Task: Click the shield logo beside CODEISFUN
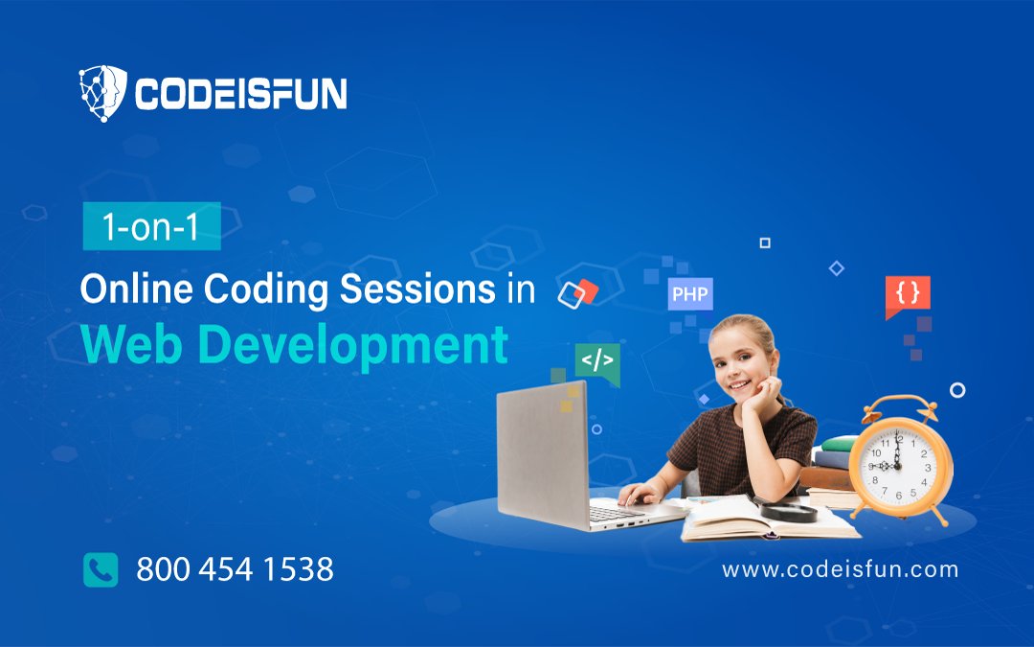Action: [102, 93]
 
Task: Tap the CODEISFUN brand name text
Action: [240, 94]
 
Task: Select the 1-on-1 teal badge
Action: [151, 226]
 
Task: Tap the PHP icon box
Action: [689, 294]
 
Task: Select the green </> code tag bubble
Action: [597, 362]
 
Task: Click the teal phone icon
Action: [101, 569]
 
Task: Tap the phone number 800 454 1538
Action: [235, 570]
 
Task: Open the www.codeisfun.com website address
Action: [840, 569]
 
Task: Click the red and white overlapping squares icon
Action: [578, 291]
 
